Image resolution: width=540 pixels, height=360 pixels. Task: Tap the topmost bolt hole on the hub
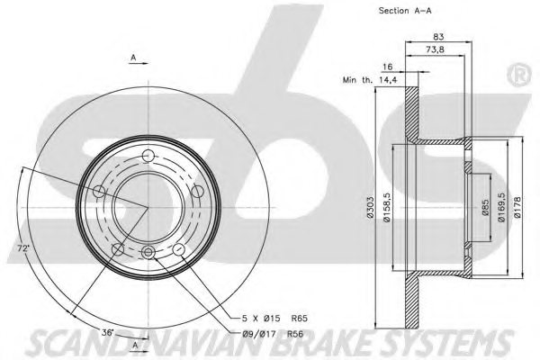[148, 154]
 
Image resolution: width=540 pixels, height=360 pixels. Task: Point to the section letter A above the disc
[132, 58]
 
